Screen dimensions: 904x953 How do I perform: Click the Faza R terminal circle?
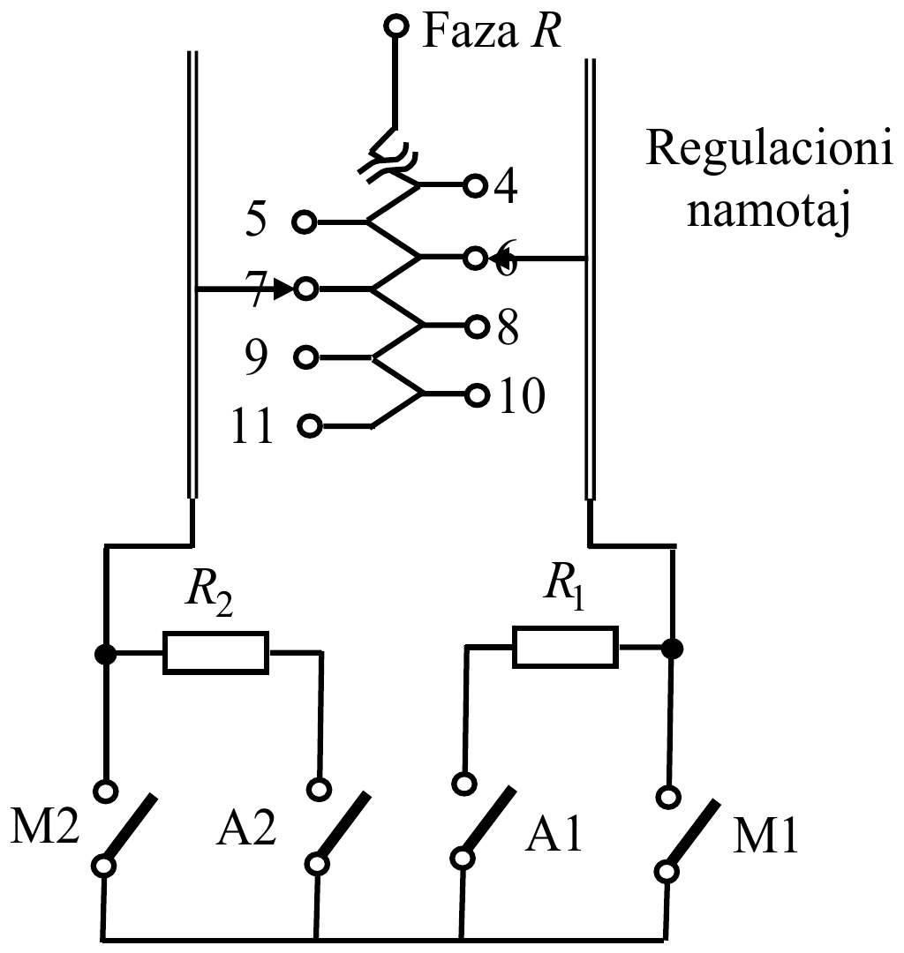click(x=396, y=26)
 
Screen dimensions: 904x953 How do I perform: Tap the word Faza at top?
click(x=470, y=33)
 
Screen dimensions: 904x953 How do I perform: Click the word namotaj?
click(x=768, y=213)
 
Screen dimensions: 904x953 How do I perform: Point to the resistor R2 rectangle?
click(x=215, y=653)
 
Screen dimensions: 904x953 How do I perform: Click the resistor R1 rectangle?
click(x=565, y=648)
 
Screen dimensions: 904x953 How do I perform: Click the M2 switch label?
click(x=45, y=827)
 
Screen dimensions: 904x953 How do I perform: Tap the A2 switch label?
click(x=246, y=828)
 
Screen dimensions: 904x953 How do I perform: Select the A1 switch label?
click(x=554, y=834)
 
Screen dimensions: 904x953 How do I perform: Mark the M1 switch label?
click(x=765, y=837)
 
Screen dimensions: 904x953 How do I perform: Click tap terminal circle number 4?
click(x=476, y=184)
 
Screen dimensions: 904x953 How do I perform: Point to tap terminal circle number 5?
click(x=304, y=221)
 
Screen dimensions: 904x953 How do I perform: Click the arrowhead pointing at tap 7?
click(x=282, y=289)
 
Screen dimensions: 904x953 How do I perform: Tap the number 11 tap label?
click(x=252, y=427)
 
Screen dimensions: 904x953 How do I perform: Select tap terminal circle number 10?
click(x=478, y=395)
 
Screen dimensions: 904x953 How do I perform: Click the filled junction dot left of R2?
click(x=105, y=654)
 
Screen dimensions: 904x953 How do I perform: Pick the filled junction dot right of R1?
click(x=672, y=649)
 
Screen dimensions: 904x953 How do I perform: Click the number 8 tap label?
click(x=508, y=328)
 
